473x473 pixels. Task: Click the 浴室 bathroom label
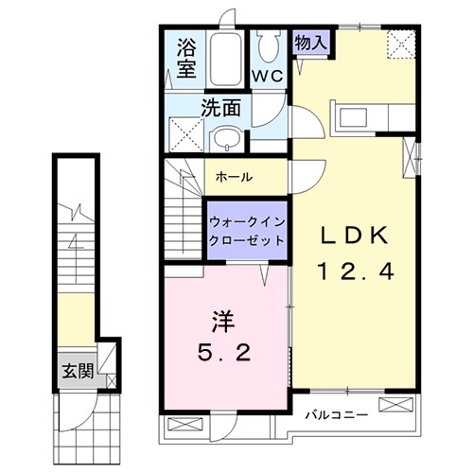(186, 57)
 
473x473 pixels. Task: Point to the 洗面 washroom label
(219, 107)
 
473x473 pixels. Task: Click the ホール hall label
(233, 176)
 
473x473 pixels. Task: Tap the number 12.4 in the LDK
(354, 271)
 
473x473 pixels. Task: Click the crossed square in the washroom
(180, 134)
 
